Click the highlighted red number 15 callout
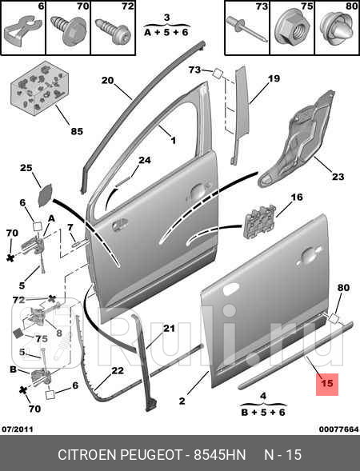tap(327, 384)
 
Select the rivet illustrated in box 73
tap(246, 30)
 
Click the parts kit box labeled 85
tap(40, 88)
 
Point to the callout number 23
tap(338, 176)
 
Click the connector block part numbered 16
tap(260, 222)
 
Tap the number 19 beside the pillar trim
tap(274, 78)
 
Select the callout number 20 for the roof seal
tap(107, 81)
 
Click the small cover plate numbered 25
tap(46, 195)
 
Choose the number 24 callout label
tap(145, 160)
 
